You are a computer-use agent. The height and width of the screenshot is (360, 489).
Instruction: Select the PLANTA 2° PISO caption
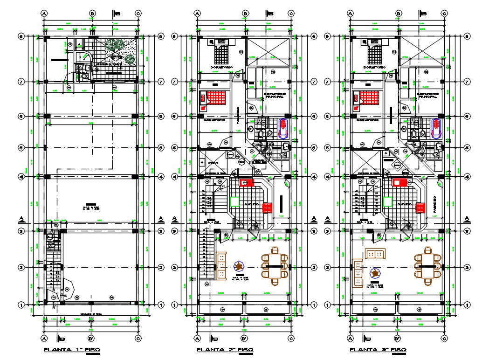pos(225,349)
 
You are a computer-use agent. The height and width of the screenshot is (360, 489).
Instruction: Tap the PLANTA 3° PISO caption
pos(378,349)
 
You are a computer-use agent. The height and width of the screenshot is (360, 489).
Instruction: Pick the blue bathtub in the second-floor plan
pos(283,128)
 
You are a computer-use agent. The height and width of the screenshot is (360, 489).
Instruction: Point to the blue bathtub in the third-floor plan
pos(436,128)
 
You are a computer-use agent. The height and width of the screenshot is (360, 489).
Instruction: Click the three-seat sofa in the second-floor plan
pos(221,266)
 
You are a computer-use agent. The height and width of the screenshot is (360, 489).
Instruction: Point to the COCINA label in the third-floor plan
pos(404,204)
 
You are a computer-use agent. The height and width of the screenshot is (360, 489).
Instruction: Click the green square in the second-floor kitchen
pos(234,201)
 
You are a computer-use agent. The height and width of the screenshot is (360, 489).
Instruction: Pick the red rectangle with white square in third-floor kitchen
pos(399,183)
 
